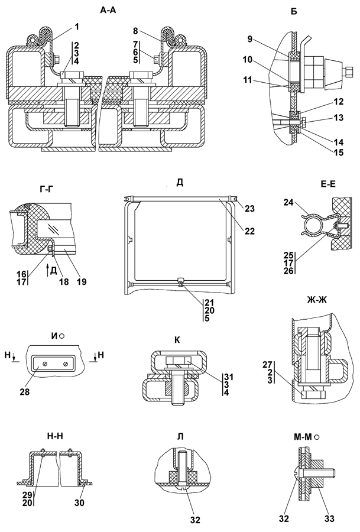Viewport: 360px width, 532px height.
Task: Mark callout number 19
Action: click(x=82, y=281)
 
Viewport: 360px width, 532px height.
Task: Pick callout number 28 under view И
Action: click(x=40, y=391)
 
